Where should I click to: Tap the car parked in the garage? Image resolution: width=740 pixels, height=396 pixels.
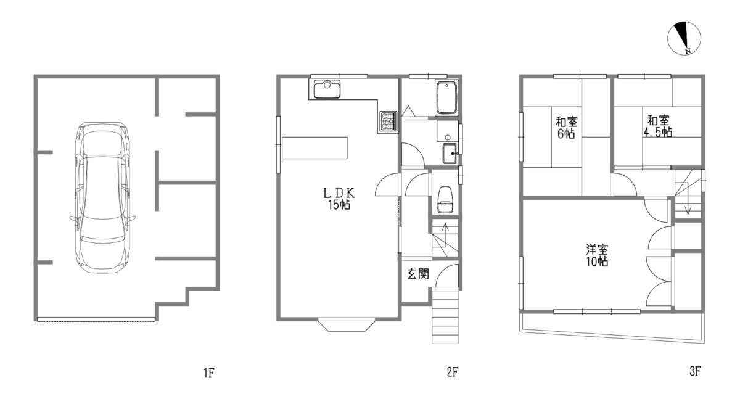point(102,197)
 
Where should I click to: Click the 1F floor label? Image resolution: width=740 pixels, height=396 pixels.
point(209,373)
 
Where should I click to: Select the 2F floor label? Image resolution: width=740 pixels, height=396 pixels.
point(452,372)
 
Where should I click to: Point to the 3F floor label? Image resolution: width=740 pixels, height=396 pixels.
point(696,371)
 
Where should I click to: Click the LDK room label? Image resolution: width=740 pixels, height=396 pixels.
point(339,199)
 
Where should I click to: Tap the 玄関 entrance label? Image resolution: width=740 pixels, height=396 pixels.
point(418,274)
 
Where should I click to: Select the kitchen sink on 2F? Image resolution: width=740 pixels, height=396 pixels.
point(327,89)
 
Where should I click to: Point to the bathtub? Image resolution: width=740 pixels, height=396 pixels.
point(446,99)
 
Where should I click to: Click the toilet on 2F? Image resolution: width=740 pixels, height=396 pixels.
point(445,200)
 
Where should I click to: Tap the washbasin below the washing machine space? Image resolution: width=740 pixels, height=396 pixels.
point(450,154)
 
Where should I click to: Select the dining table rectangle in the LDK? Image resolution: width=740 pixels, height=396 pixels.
point(314,148)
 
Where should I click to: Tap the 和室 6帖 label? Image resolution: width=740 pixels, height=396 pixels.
point(567,127)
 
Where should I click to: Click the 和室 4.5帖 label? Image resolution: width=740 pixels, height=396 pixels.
point(658,126)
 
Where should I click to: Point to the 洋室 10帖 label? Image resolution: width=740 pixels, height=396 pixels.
point(597,255)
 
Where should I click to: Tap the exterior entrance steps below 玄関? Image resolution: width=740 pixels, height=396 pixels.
point(445,316)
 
